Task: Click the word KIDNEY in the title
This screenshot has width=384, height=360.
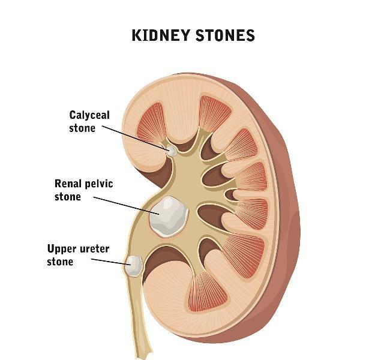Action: (161, 35)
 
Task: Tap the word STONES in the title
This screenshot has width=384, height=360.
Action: (226, 35)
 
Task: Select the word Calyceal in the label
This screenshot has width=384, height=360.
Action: (89, 115)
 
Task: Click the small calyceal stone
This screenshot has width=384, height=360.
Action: (171, 151)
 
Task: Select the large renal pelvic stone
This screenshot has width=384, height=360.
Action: (169, 216)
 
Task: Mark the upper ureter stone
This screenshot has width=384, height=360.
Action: (133, 266)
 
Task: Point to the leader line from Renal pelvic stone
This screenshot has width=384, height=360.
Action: (127, 205)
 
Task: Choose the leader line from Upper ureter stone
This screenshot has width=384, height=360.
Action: (111, 262)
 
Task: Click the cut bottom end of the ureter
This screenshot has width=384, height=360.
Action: (143, 355)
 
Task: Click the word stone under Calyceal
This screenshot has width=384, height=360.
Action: (82, 128)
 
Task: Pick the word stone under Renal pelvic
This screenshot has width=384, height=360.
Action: (68, 197)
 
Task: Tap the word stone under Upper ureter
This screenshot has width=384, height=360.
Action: (60, 262)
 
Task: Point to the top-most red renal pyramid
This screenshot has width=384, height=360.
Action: (214, 113)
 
